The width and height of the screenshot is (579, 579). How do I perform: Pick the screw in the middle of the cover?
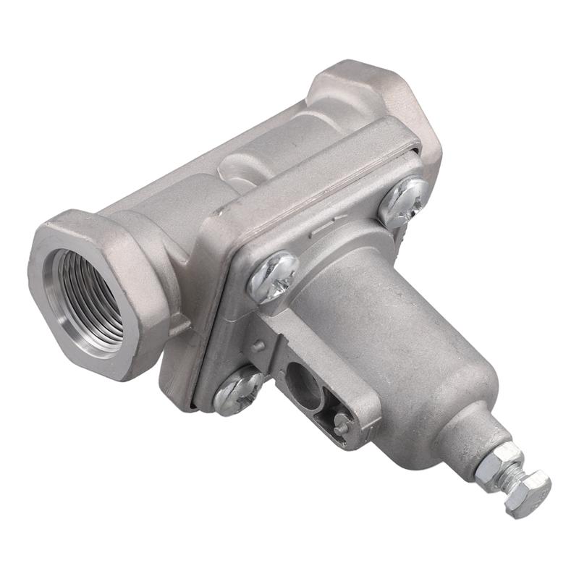coord(273,276)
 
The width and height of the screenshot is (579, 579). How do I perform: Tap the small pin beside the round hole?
coord(340,427)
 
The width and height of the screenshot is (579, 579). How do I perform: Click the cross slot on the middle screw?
coord(273,276)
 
